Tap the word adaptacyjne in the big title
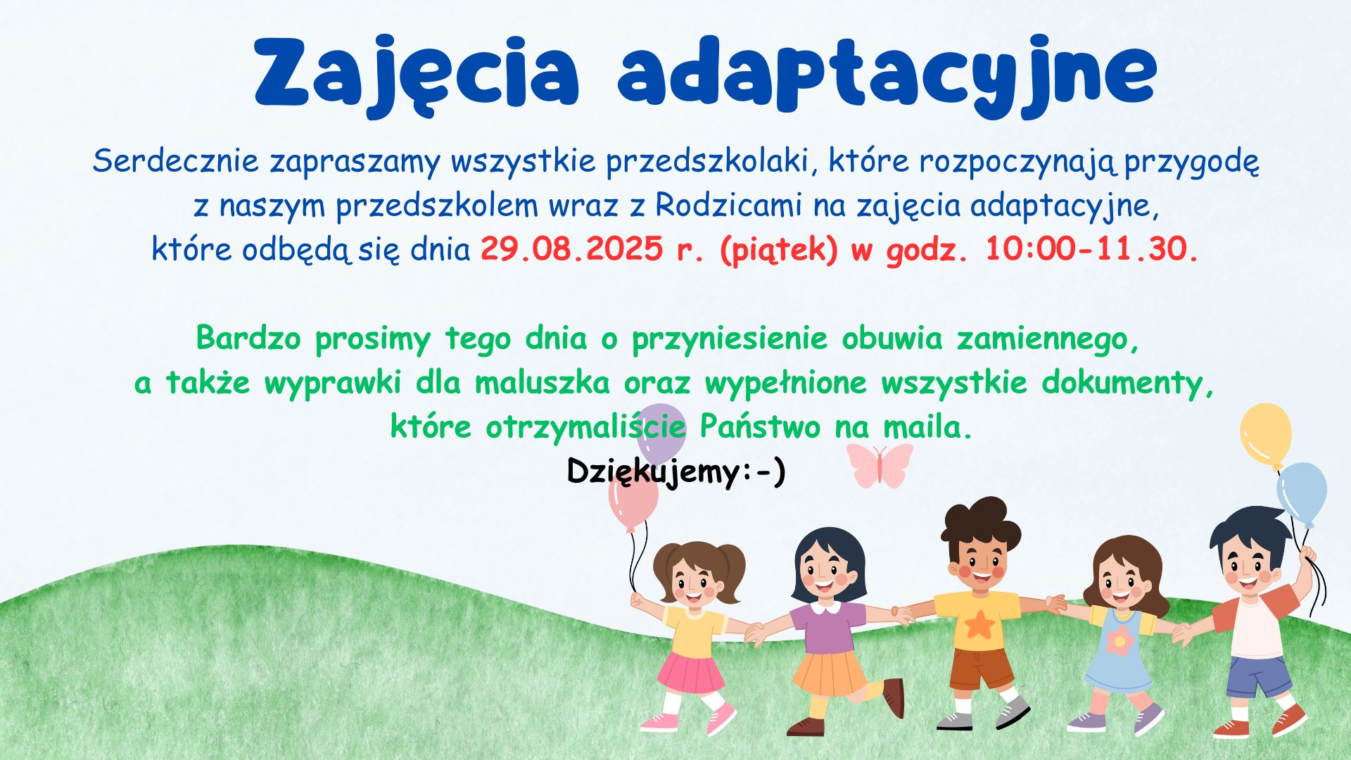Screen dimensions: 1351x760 coord(887,75)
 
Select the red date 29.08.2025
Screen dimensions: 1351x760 coord(572,248)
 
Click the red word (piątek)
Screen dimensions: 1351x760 coord(779,251)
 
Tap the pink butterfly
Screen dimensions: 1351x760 coord(879,465)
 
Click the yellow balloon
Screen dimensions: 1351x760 coord(1266,435)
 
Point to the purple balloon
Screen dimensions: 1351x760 coord(661,431)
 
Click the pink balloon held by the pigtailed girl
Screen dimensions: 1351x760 coord(633,501)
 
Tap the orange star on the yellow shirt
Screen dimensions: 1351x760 coord(979,623)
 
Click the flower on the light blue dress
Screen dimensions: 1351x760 coord(1120,640)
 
